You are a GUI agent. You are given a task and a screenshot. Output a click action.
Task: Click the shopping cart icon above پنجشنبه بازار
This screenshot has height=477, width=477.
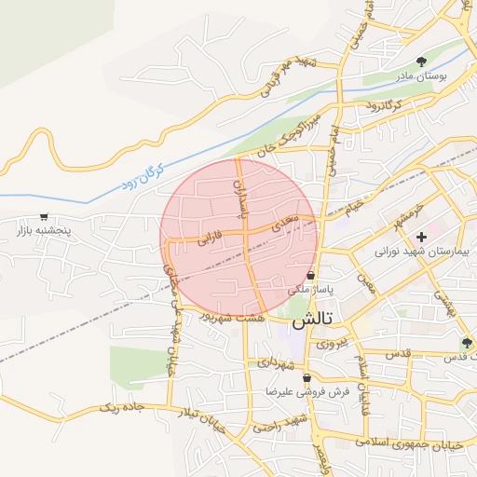pyautogui.click(x=44, y=215)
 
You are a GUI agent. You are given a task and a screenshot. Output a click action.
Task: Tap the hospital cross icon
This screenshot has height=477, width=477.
pyautogui.click(x=421, y=238)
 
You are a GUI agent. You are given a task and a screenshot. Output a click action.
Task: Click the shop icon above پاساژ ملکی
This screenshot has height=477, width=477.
pyautogui.click(x=310, y=276)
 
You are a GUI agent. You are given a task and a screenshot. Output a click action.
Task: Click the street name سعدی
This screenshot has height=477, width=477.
pyautogui.click(x=283, y=225)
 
